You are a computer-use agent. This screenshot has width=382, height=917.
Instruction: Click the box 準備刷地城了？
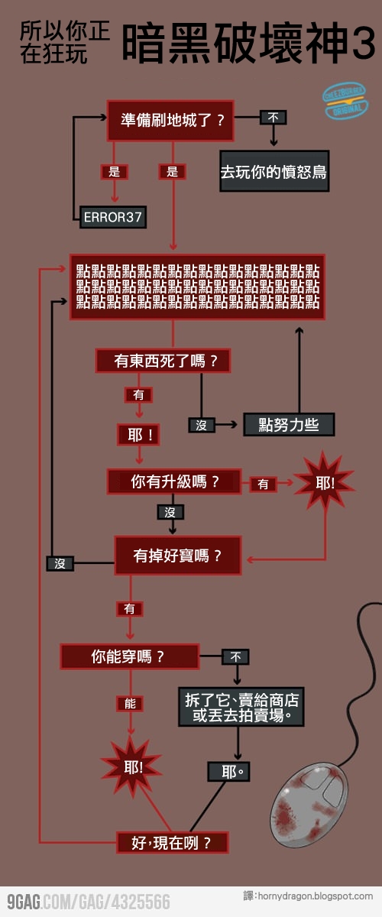169,120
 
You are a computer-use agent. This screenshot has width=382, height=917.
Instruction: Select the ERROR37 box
112,216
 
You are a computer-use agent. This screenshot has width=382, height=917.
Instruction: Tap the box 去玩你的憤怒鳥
274,172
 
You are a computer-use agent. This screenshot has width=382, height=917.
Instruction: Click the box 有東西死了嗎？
162,361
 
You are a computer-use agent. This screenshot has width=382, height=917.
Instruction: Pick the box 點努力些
289,425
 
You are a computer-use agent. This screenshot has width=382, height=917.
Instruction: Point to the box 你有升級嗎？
176,481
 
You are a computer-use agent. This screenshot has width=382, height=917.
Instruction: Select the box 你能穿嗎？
129,656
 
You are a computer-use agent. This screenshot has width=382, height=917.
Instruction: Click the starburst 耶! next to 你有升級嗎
325,483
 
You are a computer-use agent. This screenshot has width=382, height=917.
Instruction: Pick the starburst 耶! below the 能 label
133,766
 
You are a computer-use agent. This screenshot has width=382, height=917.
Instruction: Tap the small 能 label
130,704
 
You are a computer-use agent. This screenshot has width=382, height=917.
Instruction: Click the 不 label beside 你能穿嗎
235,656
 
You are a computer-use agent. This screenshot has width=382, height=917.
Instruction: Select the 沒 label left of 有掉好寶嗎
60,563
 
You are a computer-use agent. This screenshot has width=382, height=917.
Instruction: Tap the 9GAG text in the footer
23,902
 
